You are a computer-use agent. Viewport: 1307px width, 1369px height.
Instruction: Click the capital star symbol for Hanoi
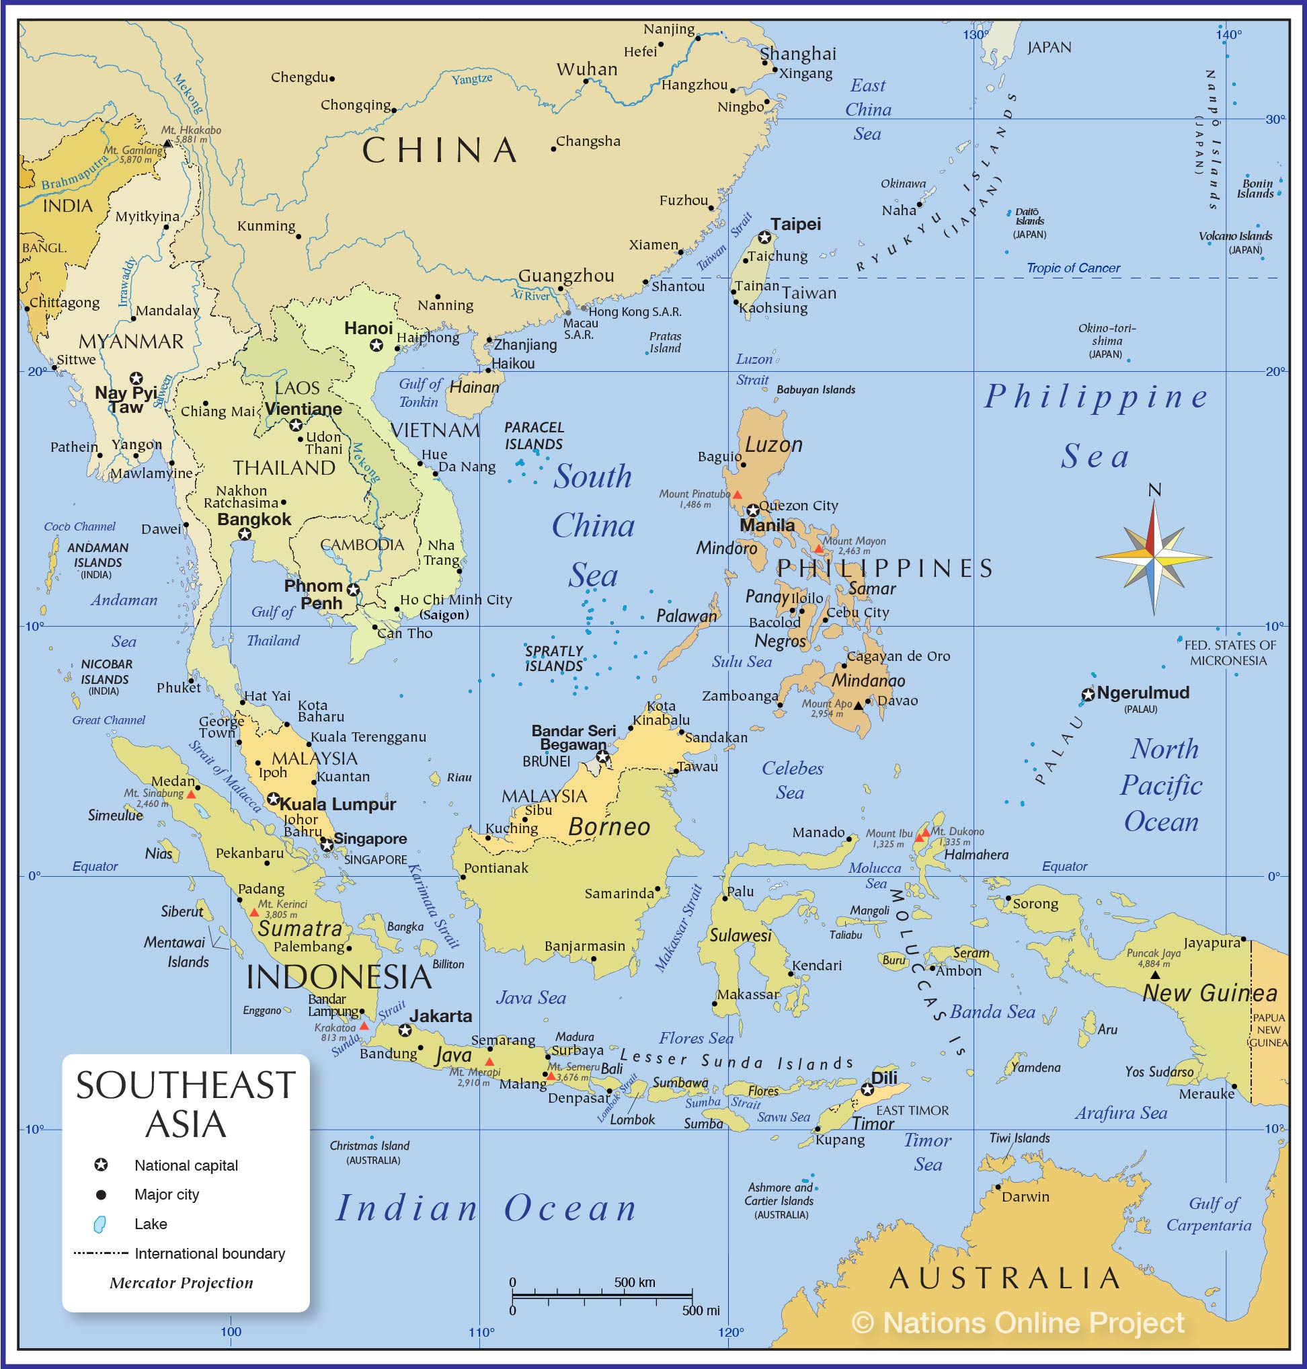(x=377, y=345)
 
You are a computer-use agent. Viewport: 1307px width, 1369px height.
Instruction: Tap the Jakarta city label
(x=440, y=1017)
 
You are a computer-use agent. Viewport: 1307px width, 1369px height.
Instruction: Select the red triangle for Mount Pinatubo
(x=737, y=494)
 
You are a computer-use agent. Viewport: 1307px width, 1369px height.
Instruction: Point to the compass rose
(x=1154, y=557)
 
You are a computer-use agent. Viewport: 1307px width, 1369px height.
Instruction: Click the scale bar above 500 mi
(x=602, y=1296)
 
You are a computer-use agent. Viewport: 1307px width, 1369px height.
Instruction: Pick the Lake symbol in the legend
(x=100, y=1224)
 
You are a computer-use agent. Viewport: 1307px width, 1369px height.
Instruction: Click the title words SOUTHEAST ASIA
(x=186, y=1105)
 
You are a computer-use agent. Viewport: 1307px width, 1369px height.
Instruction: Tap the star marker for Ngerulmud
(x=1088, y=695)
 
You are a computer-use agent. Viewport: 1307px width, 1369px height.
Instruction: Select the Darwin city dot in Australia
(x=998, y=1187)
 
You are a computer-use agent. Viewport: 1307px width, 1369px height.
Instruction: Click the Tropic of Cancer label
(x=1073, y=268)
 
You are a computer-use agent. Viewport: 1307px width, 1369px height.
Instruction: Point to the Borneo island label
(x=609, y=827)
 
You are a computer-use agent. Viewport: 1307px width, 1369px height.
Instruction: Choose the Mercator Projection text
(x=181, y=1283)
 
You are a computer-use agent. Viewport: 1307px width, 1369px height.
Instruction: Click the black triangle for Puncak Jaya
(x=1154, y=975)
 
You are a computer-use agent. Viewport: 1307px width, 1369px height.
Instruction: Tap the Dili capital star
(x=867, y=1089)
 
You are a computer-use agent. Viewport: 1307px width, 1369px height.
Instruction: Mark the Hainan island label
(x=474, y=387)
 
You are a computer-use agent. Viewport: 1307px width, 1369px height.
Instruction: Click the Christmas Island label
(x=369, y=1146)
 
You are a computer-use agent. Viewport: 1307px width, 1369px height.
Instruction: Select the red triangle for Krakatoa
(x=364, y=1026)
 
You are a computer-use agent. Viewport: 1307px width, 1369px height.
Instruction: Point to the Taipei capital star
(x=764, y=237)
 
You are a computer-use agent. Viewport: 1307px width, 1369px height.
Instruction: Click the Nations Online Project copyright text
(x=1017, y=1323)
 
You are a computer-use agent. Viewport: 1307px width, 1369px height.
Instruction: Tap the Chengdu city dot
(x=332, y=79)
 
